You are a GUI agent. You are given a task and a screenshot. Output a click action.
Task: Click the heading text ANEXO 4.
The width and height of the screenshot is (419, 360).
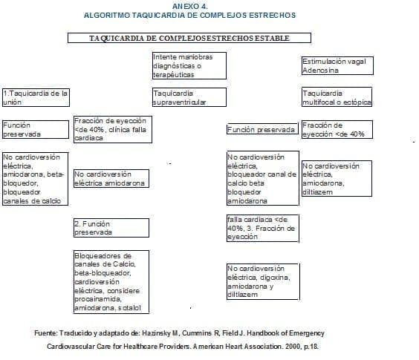189,6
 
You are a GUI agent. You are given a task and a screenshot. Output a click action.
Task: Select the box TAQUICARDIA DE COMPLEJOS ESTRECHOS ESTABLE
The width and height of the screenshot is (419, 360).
189,38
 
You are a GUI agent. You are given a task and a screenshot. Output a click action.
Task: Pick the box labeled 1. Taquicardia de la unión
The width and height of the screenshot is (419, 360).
36,97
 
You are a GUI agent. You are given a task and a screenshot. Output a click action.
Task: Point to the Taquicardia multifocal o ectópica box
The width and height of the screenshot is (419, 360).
337,97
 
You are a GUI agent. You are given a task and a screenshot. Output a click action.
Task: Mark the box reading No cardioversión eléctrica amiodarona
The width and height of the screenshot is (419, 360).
110,178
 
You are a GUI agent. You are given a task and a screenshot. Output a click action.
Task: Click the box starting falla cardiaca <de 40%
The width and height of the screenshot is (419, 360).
262,228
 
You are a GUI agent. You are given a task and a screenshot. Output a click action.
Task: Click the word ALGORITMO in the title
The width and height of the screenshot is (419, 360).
111,15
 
